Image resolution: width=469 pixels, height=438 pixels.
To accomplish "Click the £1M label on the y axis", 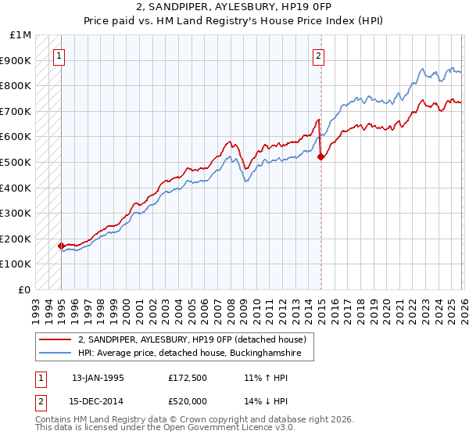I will coord(21,35).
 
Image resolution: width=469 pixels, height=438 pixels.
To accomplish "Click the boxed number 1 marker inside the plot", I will coord(60,56).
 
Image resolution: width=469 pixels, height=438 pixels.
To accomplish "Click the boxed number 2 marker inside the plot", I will coord(320,56).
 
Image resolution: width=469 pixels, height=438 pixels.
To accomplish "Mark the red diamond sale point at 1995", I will coord(61,246).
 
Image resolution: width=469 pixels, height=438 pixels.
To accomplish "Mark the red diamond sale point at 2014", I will coord(320,156).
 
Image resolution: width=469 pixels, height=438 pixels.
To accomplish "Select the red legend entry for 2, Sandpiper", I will coord(195,339).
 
